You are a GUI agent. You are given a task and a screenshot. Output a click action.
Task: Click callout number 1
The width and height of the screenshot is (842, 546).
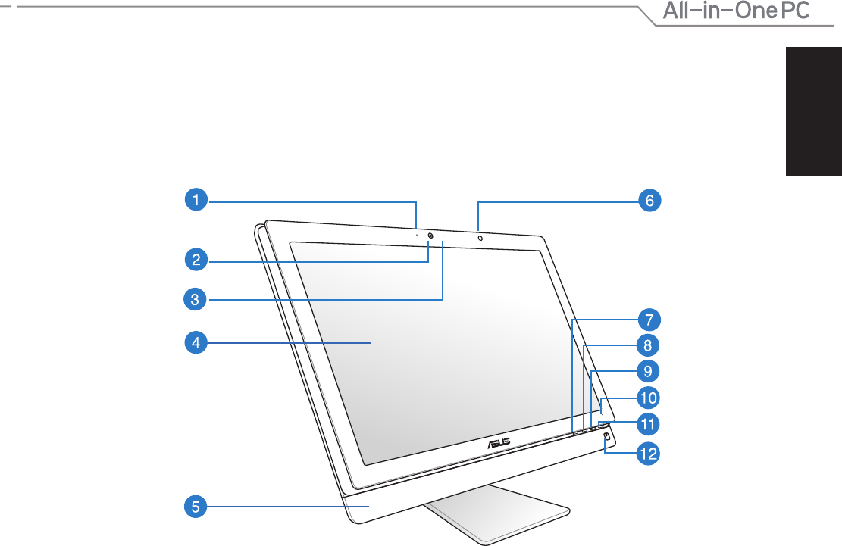(x=196, y=199)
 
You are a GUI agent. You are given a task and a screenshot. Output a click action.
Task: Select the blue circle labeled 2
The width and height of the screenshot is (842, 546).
(x=196, y=260)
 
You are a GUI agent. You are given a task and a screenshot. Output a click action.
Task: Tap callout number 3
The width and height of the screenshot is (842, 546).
(x=195, y=298)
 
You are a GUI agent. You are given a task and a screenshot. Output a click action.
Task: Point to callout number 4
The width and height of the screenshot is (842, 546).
(x=196, y=343)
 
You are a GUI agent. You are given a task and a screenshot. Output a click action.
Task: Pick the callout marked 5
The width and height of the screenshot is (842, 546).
(x=196, y=507)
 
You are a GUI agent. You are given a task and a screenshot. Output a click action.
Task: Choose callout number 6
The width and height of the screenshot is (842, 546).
(x=649, y=201)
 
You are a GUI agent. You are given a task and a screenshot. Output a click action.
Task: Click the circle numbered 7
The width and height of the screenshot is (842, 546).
(x=649, y=320)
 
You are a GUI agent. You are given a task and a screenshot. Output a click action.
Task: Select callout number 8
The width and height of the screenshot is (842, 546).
(x=648, y=345)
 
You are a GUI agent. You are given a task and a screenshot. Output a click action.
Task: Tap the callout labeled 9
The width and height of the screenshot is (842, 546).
(x=648, y=371)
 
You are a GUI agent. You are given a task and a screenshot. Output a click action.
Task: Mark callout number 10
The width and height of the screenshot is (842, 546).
(x=648, y=398)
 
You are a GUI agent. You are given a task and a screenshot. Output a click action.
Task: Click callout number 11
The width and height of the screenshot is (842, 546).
(x=648, y=424)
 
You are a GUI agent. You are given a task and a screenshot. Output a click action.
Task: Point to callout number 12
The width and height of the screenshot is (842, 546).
(x=648, y=454)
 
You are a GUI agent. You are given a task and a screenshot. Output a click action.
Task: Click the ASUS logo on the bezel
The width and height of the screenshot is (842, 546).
(x=499, y=444)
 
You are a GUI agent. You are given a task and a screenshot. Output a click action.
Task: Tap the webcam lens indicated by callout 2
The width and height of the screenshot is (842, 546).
(x=430, y=236)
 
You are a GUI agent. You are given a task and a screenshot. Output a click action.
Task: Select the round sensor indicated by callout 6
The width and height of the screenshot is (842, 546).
(x=480, y=238)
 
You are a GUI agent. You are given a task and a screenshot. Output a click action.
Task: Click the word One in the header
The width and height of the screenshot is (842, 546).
(x=755, y=11)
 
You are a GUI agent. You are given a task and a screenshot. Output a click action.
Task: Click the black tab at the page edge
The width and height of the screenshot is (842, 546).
(x=814, y=111)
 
